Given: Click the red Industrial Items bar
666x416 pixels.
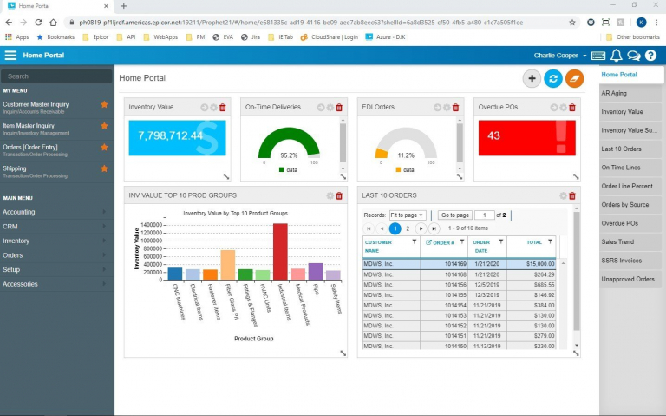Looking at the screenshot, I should tap(280, 251).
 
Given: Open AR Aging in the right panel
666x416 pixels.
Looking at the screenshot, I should tap(614, 93).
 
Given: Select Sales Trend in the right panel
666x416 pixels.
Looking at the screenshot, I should tap(617, 241).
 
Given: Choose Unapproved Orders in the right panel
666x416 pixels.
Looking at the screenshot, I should tap(628, 279).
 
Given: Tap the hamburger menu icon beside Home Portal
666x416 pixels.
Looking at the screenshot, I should tap(10, 56).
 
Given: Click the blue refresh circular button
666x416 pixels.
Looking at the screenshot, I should tap(552, 79).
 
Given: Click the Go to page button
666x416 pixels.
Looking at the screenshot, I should tap(454, 215).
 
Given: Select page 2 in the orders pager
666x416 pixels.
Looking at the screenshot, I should tap(408, 228).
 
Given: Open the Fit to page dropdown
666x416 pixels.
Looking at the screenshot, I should tap(407, 215).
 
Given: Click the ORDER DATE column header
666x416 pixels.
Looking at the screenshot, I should tap(483, 247).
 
